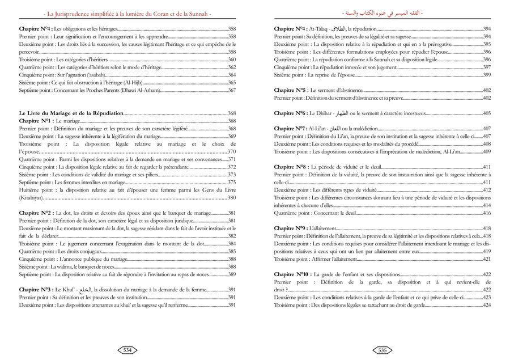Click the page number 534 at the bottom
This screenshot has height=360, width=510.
click(x=127, y=350)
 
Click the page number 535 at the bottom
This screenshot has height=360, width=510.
click(x=382, y=350)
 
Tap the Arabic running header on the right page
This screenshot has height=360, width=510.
click(x=382, y=12)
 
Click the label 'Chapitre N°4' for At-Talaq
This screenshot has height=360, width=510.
click(x=291, y=28)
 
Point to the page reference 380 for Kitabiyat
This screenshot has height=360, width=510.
click(x=232, y=198)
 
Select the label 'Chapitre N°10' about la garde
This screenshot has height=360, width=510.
click(x=292, y=274)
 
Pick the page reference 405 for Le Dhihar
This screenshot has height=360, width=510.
click(x=487, y=113)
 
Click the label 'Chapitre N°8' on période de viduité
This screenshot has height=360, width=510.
click(x=291, y=167)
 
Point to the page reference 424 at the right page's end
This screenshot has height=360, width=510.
click(x=487, y=305)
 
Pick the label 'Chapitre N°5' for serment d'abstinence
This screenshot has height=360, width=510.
click(x=291, y=90)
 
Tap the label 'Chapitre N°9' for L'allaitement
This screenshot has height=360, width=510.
click(x=291, y=228)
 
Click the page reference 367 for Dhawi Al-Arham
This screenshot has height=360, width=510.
click(x=232, y=90)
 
